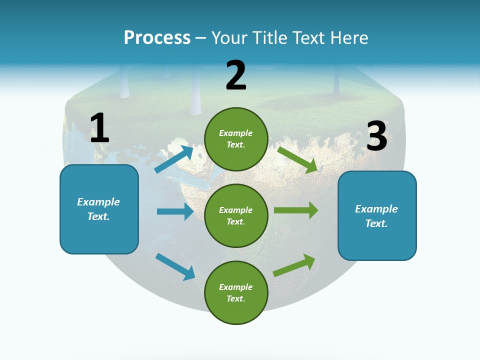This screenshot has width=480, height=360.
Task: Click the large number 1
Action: point(99,128)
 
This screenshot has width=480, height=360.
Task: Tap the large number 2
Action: point(236,75)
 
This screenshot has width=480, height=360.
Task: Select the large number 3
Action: point(377,136)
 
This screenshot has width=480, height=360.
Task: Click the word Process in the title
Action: point(157,37)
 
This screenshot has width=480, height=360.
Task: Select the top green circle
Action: point(236,139)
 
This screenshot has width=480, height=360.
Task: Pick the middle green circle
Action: point(236,215)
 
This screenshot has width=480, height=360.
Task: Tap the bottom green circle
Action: point(236,292)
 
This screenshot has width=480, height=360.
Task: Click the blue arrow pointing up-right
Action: point(174,159)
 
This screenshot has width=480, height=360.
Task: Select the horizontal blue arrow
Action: point(175,211)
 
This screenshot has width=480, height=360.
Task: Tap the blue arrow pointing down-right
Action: point(175,266)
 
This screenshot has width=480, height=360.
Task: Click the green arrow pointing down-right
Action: point(297,159)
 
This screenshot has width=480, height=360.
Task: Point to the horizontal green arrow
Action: point(295,210)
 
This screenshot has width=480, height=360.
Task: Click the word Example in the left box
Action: point(98,202)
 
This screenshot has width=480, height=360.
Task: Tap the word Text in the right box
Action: point(376,223)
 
